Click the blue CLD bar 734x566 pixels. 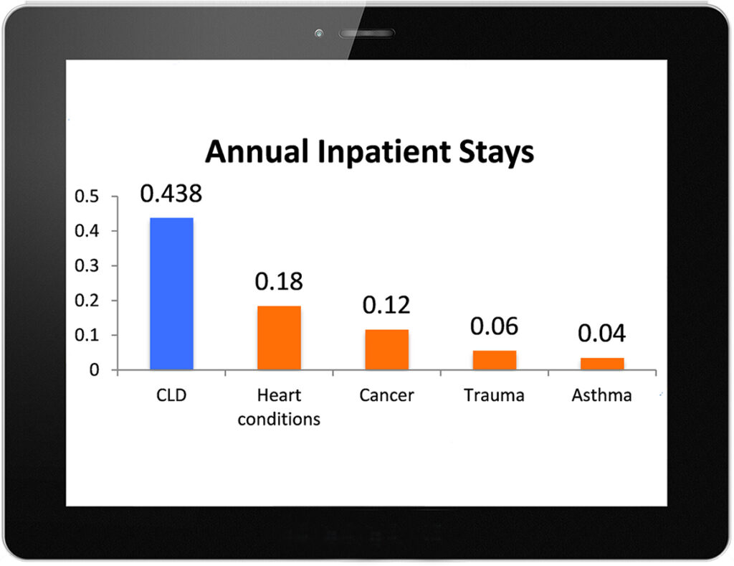(x=171, y=294)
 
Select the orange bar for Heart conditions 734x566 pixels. (x=279, y=338)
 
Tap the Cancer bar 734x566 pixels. (x=386, y=349)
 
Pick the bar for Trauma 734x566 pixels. (x=495, y=360)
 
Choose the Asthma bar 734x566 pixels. (x=602, y=364)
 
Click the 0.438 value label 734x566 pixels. (x=171, y=194)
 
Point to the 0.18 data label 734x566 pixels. (x=279, y=281)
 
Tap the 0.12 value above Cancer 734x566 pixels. (x=386, y=305)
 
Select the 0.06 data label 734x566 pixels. (x=495, y=326)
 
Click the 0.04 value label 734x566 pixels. (x=602, y=333)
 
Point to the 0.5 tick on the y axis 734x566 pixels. (x=87, y=197)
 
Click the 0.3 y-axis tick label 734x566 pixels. (x=87, y=265)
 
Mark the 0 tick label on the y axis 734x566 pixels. (x=94, y=370)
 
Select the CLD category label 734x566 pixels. (x=171, y=395)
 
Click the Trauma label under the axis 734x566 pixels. (x=495, y=395)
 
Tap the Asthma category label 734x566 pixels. (x=602, y=395)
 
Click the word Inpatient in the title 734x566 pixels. (x=384, y=152)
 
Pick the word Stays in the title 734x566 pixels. (x=496, y=152)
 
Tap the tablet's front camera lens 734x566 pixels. (x=319, y=33)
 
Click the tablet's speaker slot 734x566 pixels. (x=367, y=33)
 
